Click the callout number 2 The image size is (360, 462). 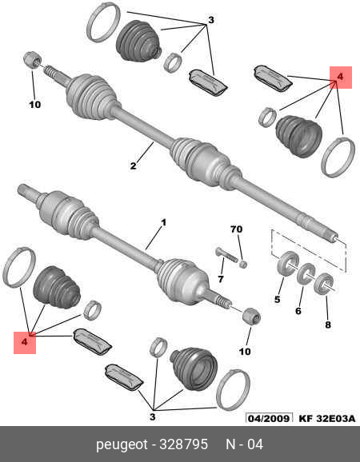pos(134,165)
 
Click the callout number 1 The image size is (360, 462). pos(163,222)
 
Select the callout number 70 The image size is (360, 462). pos(237,229)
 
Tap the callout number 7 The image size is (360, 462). pos(221,278)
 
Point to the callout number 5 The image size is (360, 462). pos(278,300)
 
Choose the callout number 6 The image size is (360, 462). pos(298,311)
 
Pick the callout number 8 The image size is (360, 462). pos(328,325)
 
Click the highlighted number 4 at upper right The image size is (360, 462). pos(340,77)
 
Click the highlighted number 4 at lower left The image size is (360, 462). pos(25,342)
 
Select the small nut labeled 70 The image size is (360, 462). pos(243,264)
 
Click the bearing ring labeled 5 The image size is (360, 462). pos(288,263)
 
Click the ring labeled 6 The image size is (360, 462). pos(306,273)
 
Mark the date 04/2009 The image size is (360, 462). pos(269,418)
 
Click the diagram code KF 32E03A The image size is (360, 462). pos(327,418)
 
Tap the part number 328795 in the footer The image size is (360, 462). pos(183,444)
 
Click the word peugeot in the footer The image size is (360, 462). pos(122,445)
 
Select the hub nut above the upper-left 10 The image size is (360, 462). pos(32,59)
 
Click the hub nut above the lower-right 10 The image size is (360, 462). pos(251,317)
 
